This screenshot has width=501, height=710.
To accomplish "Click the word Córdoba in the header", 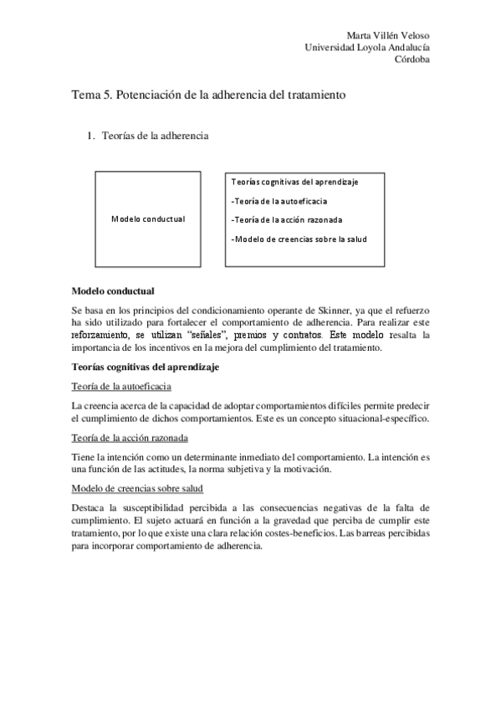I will point(413,60).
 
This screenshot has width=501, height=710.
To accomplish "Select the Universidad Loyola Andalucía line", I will point(370,48).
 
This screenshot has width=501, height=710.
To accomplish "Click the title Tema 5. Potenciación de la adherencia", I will point(208,95).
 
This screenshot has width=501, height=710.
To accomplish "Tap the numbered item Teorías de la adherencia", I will point(154,135).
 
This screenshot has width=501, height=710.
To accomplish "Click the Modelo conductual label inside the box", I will point(148,219).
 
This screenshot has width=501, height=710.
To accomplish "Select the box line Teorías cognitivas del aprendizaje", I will point(295,182).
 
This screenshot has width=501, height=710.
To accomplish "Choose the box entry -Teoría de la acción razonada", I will point(285,219).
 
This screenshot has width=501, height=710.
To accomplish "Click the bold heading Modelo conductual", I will point(113,291).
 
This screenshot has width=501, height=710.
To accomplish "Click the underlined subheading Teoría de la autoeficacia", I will point(122,386).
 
